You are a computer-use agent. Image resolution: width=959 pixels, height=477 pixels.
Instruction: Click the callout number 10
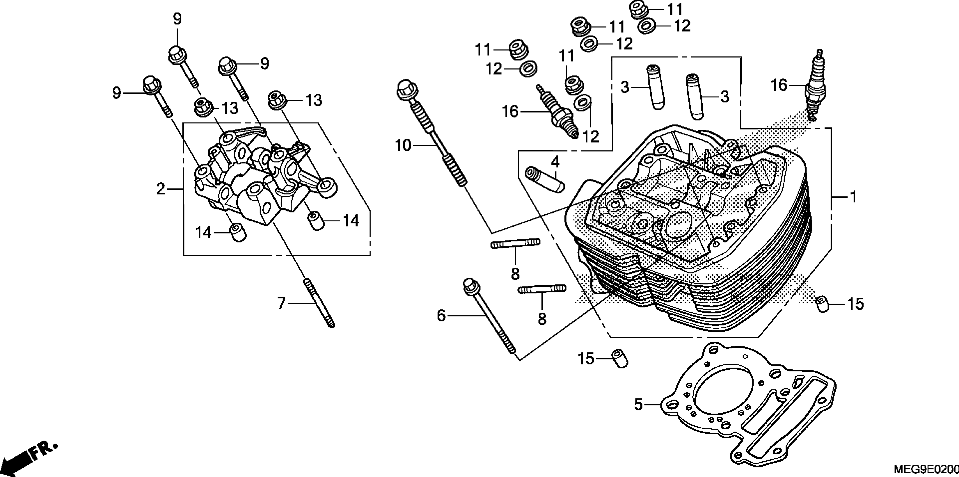pos(403,145)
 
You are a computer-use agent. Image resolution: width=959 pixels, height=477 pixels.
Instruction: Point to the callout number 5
pos(639,404)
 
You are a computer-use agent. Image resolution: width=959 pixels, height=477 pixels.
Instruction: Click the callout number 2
pos(160,189)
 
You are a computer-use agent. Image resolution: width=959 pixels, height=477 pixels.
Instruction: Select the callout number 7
pos(281,303)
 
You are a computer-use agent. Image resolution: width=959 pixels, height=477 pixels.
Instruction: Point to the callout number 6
pos(441,316)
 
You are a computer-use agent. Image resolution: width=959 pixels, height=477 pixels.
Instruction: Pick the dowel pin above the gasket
pos(620,359)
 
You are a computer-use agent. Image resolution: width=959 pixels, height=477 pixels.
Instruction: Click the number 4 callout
pos(555,162)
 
